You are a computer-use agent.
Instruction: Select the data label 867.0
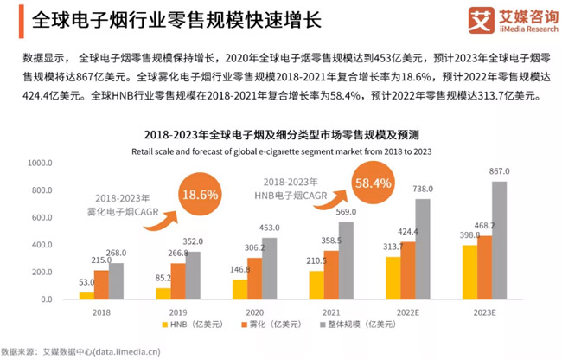click(x=501, y=171)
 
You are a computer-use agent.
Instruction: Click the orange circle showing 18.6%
click(x=199, y=195)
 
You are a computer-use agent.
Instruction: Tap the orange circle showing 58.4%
click(x=374, y=183)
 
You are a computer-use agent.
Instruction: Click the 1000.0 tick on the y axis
click(x=41, y=163)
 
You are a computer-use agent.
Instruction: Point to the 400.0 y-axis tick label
click(x=42, y=244)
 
